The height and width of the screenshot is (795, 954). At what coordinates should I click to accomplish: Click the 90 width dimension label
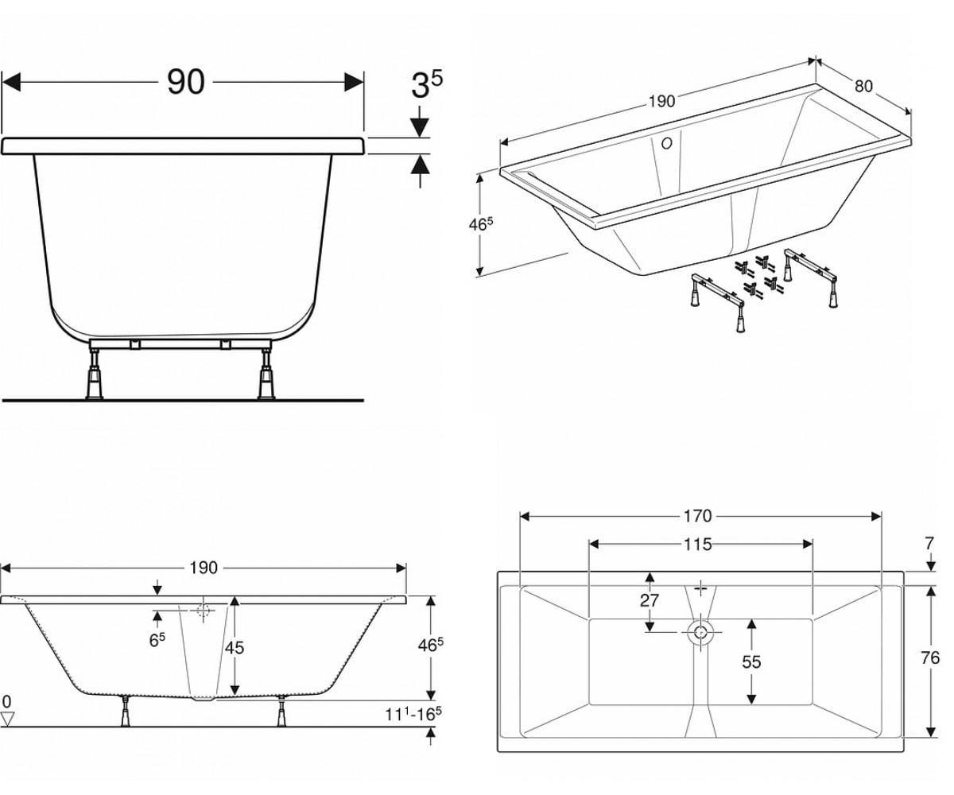pos(185,82)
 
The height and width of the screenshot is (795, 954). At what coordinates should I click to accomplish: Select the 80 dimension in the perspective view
pos(863,87)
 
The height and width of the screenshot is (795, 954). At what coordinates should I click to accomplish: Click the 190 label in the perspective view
pos(661,101)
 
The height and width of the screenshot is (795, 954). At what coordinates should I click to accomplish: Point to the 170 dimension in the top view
pos(698,516)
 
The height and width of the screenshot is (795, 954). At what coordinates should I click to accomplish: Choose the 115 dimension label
pos(698,544)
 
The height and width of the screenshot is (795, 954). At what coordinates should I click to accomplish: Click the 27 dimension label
pos(649,600)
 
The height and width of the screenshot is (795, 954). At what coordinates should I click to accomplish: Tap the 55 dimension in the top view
pos(751,662)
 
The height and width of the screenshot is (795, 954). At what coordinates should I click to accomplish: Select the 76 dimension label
pos(930,658)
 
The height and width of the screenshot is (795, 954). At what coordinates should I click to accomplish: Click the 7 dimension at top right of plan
pos(929,544)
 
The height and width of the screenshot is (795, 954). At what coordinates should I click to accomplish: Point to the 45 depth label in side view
pos(235,647)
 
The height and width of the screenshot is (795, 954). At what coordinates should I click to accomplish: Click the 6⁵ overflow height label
pos(157,640)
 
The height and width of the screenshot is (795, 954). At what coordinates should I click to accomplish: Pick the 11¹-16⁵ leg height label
pos(413,714)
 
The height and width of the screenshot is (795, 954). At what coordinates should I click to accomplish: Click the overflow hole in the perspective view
pos(667,143)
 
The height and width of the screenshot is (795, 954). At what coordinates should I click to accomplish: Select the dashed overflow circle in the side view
pos(203,610)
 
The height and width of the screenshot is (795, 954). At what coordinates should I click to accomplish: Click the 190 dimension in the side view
pos(204,568)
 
